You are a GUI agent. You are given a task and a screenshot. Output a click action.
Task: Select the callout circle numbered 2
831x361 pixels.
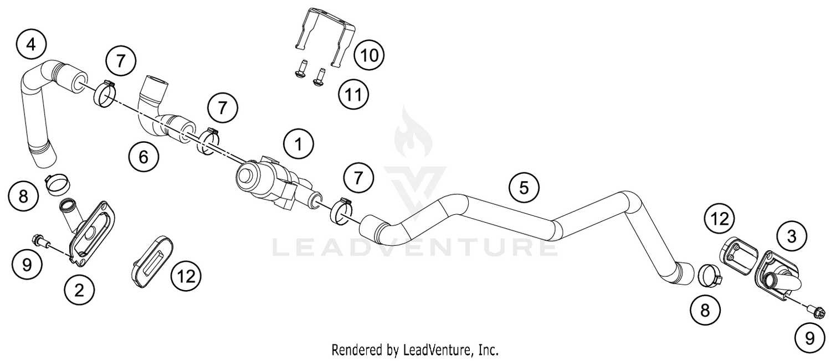(x=80, y=289)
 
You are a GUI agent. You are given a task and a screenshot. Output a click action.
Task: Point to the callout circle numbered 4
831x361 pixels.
(x=32, y=44)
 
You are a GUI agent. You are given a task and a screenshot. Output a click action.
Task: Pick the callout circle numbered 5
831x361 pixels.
(x=524, y=188)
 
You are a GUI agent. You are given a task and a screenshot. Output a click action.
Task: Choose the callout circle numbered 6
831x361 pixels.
(x=143, y=157)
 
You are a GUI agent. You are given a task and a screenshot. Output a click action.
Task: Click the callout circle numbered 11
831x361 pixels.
(x=353, y=95)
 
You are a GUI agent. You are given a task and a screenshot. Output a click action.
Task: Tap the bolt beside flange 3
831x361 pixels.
(x=817, y=314)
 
